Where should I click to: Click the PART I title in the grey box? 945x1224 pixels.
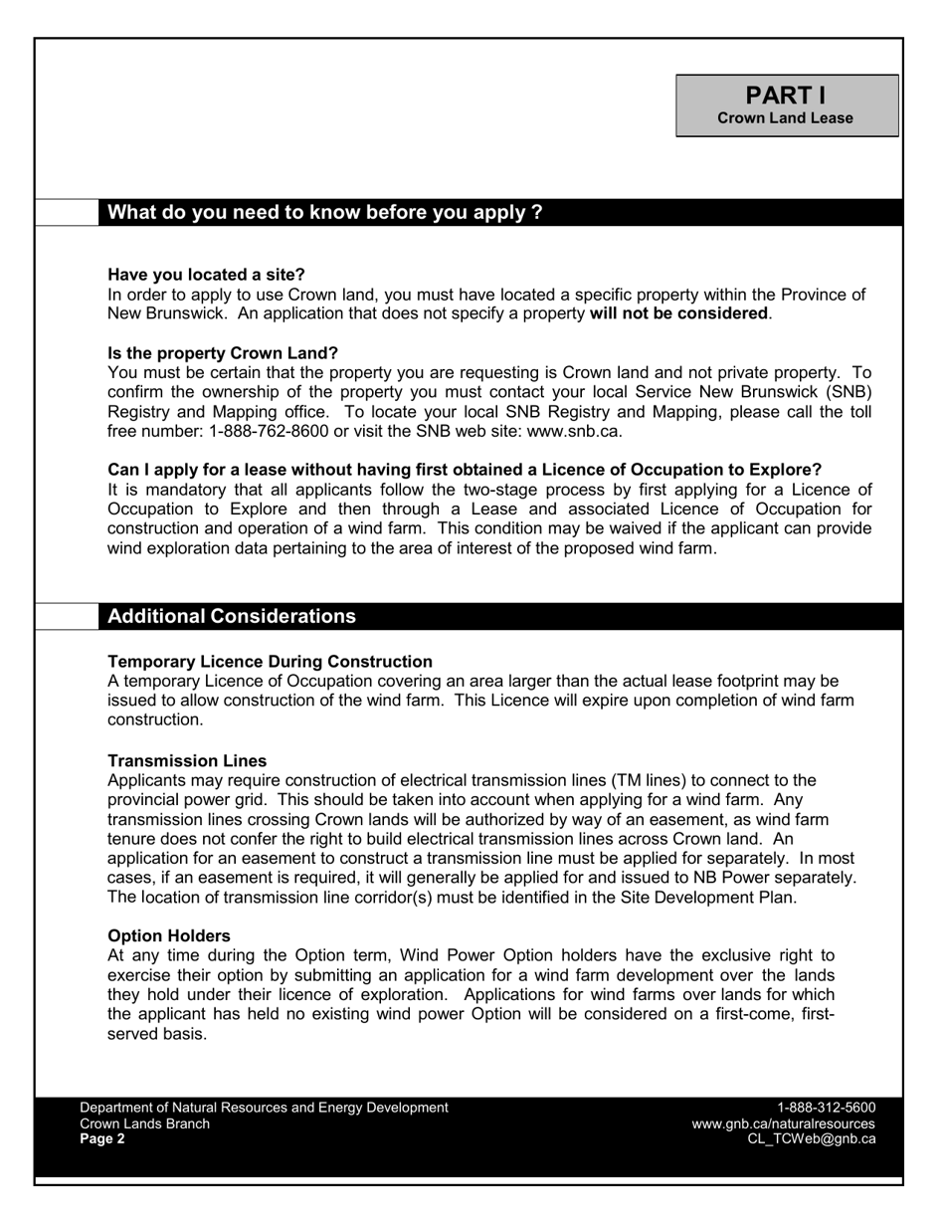click(786, 96)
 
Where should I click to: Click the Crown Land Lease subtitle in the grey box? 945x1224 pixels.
click(786, 118)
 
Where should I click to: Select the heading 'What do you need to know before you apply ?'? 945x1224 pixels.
click(324, 212)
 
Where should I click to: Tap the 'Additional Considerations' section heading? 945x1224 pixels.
click(231, 616)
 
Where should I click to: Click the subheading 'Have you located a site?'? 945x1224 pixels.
click(206, 275)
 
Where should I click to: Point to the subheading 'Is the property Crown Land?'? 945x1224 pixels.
click(223, 353)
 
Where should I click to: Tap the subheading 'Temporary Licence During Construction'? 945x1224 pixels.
click(270, 662)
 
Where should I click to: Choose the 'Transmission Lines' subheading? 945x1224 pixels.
click(187, 761)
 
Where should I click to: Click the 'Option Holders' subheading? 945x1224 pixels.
click(169, 936)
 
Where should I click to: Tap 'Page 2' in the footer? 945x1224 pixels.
click(102, 1139)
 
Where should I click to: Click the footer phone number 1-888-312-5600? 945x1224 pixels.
click(826, 1108)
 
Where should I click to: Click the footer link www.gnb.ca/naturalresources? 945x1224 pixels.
click(783, 1123)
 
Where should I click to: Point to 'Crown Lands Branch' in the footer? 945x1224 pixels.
click(144, 1123)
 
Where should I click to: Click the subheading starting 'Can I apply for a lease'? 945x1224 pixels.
click(465, 470)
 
